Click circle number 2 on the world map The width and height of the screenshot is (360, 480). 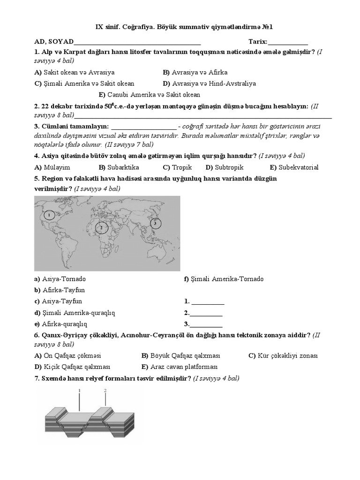coord(100,227)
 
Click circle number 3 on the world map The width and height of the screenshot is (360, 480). coord(155,224)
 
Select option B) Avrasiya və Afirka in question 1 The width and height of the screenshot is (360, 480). coord(195,73)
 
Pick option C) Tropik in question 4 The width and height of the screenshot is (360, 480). coord(177,167)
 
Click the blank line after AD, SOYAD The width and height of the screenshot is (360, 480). coord(137,42)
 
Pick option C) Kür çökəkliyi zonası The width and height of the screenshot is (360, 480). coord(283,356)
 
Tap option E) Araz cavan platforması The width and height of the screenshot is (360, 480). coord(179,367)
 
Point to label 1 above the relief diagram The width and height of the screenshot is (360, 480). coord(79,390)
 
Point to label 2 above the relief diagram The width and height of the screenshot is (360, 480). coord(105,390)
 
